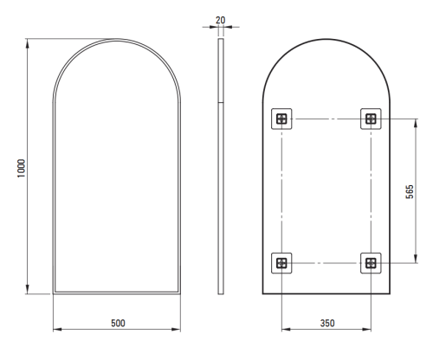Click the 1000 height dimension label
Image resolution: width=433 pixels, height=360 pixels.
point(22,168)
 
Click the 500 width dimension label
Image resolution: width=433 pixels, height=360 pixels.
point(118,323)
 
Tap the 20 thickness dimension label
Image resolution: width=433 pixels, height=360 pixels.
point(220,20)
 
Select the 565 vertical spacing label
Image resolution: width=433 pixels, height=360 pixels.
point(410,191)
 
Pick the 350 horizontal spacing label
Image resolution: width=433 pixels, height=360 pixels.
point(327,323)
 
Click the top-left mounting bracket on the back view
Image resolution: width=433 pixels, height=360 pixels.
point(281,119)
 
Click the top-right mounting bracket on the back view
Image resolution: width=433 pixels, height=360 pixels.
point(371,119)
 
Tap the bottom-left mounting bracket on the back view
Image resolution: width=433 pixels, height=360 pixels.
point(281,263)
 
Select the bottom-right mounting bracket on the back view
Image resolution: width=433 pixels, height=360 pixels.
point(371,263)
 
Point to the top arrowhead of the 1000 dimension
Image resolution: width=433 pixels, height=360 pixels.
point(28,43)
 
